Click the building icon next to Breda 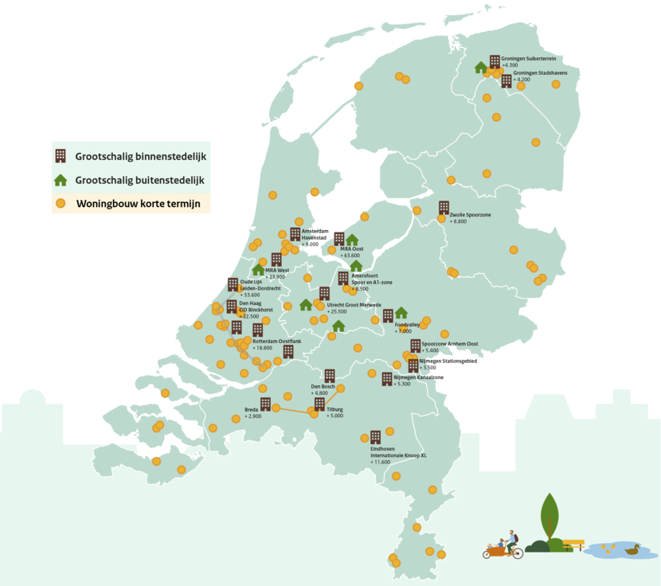(265, 404)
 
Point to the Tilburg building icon (319, 404)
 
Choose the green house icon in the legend (60, 180)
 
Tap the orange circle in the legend (60, 203)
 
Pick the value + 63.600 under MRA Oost (350, 256)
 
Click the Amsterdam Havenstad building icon (295, 234)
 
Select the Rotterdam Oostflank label (277, 341)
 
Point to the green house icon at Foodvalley (401, 312)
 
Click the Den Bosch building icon (329, 376)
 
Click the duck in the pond (632, 549)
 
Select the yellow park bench (573, 545)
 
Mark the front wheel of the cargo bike (518, 553)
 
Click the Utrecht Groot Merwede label (354, 305)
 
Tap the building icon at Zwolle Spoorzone (444, 207)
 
